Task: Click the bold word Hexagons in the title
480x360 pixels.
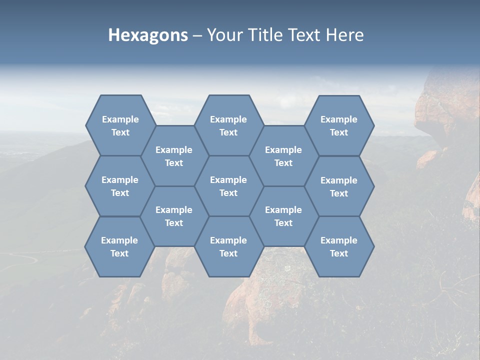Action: tap(148, 35)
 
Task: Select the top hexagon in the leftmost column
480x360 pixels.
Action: tap(120, 125)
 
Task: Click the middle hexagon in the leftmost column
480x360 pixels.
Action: tap(120, 186)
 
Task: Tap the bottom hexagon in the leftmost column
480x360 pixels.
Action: tap(119, 246)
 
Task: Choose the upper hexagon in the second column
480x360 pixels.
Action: tap(174, 156)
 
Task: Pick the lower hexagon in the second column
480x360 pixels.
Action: tap(174, 216)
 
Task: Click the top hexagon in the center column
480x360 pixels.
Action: tap(228, 125)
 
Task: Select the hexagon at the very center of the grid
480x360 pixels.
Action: tap(228, 186)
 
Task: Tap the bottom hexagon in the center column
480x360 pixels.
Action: tap(228, 246)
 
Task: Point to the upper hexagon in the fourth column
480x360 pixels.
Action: tap(283, 156)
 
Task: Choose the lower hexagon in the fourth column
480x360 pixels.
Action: tap(283, 216)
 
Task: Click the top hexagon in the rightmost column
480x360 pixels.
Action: tap(339, 125)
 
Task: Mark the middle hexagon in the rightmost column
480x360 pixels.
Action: tap(339, 186)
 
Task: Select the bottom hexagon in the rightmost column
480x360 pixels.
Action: tap(339, 246)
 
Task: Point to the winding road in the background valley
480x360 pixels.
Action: tap(30, 257)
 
